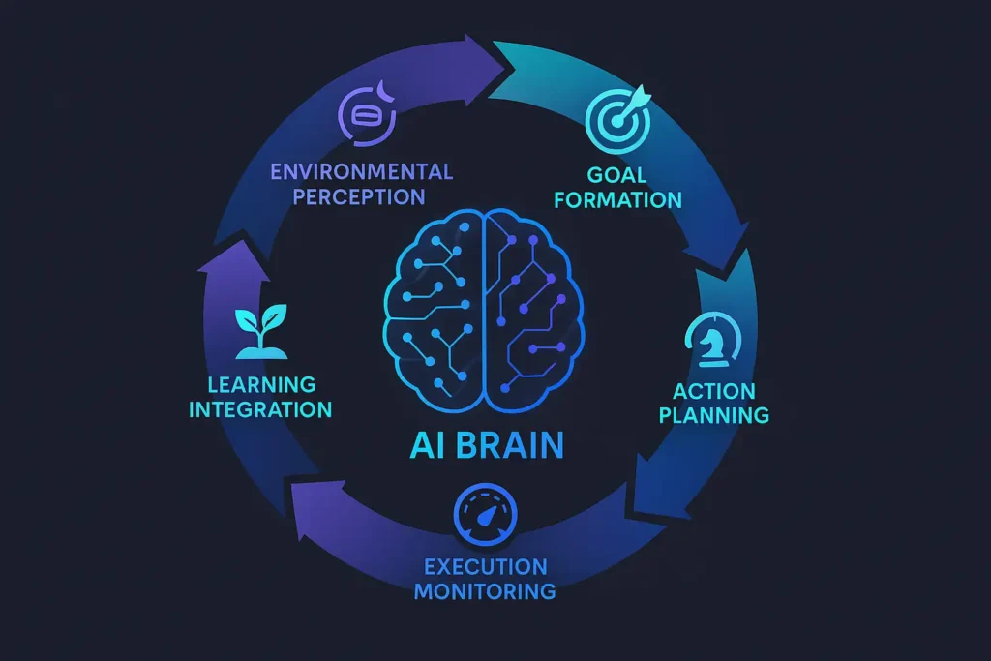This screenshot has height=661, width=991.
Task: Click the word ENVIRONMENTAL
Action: [361, 172]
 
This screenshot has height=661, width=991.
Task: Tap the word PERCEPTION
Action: [361, 196]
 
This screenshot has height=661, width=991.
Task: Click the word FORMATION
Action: [620, 200]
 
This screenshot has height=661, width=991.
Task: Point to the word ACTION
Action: [714, 391]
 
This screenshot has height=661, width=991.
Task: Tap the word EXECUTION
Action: [485, 566]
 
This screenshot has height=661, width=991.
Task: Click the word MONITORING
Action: [485, 590]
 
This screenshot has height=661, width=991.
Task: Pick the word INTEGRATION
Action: [259, 408]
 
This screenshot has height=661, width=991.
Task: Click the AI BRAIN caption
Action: [485, 447]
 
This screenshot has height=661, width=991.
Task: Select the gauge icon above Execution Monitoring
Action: [484, 514]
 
